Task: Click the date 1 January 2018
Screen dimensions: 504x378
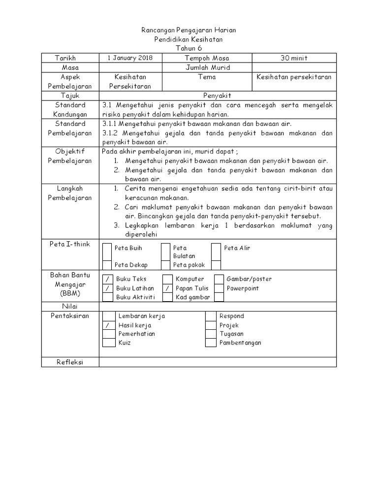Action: [x=130, y=58]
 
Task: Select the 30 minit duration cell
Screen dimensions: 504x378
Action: [x=294, y=58]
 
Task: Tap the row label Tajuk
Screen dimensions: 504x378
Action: [x=70, y=95]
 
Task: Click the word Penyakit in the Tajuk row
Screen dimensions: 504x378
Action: [x=218, y=95]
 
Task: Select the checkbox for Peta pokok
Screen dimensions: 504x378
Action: [x=165, y=265]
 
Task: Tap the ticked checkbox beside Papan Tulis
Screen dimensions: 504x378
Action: [x=167, y=288]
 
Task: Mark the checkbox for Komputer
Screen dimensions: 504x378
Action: [x=167, y=280]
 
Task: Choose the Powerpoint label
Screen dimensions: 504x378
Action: [x=242, y=288]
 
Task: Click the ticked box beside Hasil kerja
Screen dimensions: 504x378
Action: [x=107, y=325]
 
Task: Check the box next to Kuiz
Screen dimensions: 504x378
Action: [x=107, y=343]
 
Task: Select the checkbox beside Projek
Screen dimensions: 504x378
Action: [x=211, y=325]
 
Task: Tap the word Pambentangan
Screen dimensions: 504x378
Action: [x=240, y=343]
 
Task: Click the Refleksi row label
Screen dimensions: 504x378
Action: [x=70, y=362]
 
